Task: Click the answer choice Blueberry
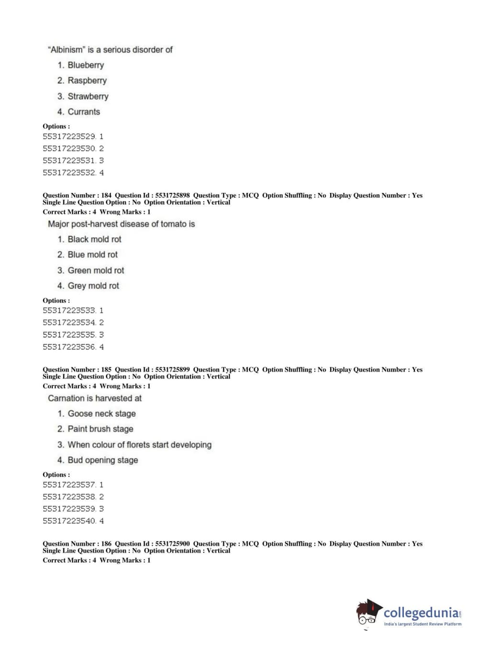[x=85, y=65]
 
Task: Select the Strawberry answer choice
[x=88, y=96]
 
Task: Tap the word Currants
[x=84, y=112]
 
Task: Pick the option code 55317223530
[x=69, y=148]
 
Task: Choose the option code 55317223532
[x=69, y=173]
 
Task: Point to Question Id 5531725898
[x=172, y=195]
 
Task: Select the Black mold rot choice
[x=94, y=239]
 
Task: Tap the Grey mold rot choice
[x=93, y=286]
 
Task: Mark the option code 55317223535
[x=69, y=335]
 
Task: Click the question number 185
[x=106, y=369]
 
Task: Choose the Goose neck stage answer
[x=101, y=414]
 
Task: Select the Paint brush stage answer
[x=100, y=429]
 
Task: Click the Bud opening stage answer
[x=102, y=460]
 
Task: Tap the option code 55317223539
[x=69, y=509]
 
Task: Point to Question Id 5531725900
[x=172, y=544]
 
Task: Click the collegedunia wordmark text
[x=421, y=613]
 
